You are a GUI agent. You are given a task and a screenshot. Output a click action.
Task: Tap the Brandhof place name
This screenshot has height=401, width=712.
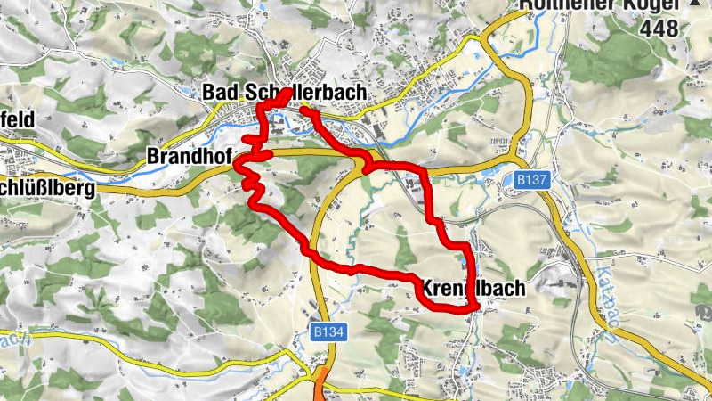tap(188, 159)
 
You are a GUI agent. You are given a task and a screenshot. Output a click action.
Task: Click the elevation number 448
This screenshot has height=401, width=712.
tap(659, 28)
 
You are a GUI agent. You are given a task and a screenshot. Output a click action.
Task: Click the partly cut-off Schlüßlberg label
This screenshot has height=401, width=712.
tap(44, 188)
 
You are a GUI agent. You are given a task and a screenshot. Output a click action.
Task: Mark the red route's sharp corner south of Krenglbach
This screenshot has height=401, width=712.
tap(474, 307)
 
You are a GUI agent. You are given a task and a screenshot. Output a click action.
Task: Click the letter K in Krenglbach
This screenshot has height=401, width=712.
tap(425, 289)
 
